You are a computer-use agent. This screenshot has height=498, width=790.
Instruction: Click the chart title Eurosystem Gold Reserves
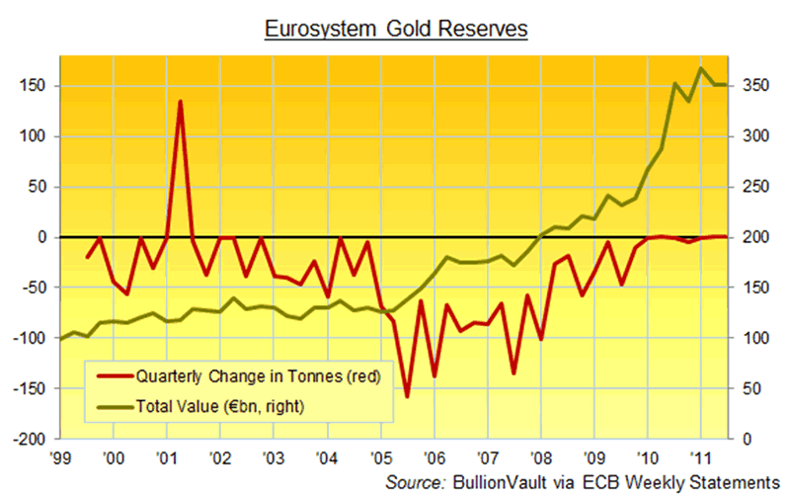pos(395,31)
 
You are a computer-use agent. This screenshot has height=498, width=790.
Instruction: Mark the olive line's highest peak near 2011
pos(700,67)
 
